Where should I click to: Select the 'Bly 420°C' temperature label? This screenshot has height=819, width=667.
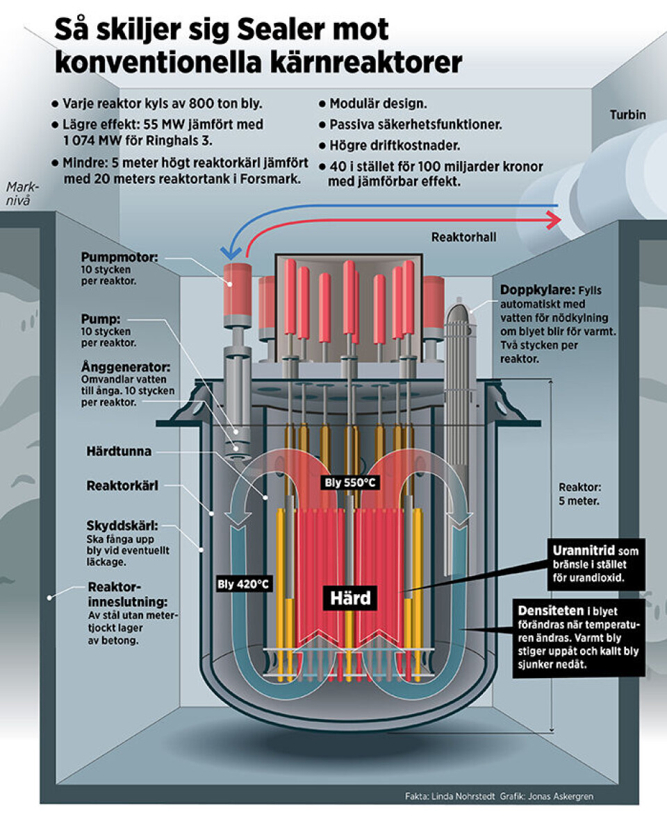coord(242,584)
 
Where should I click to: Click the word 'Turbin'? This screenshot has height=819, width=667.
coord(627,115)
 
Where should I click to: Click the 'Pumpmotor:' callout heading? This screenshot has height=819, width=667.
coord(120,257)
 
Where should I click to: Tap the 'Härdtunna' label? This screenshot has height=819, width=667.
coord(115,451)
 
